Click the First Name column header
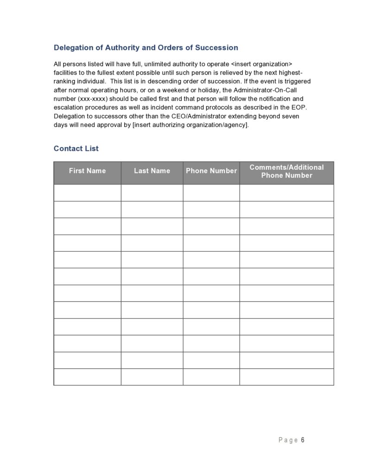coord(87,171)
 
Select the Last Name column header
coord(152,171)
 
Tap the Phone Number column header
coord(211,171)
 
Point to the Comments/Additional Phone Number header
coord(286,171)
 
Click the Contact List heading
coord(76,149)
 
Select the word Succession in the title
coord(216,48)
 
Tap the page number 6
coord(303,440)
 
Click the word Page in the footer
coord(288,440)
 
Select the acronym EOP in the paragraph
coord(298,107)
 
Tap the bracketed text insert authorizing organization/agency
coord(190,125)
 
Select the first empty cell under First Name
coord(87,193)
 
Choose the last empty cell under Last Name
coord(152,377)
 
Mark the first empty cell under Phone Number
coord(211,193)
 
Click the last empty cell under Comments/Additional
coord(286,377)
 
